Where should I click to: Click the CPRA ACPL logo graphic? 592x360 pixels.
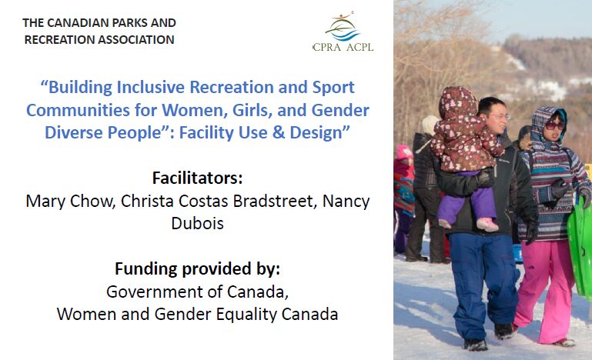[343, 31]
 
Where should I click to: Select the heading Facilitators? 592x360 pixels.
[197, 178]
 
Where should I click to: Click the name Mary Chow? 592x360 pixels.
[70, 201]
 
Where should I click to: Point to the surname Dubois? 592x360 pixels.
[197, 223]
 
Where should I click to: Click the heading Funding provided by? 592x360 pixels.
[197, 269]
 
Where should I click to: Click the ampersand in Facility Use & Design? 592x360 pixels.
[279, 132]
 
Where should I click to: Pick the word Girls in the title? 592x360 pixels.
[252, 110]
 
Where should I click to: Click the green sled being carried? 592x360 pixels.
[580, 245]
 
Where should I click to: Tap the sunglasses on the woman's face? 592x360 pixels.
[554, 125]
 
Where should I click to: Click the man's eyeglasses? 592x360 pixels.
[500, 117]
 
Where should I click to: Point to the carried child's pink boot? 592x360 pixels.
[487, 225]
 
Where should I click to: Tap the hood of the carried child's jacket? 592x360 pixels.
[457, 102]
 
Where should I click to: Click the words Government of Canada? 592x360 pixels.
[197, 292]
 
